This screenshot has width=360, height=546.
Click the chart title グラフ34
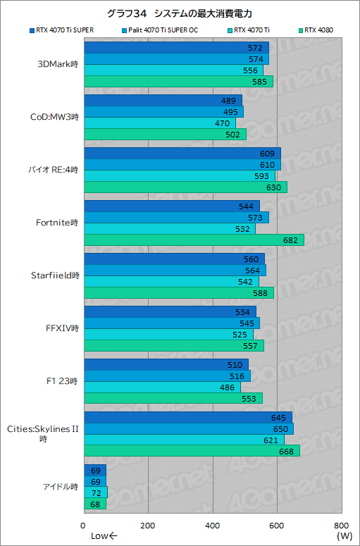coord(180,13)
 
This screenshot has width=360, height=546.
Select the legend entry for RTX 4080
coord(321,30)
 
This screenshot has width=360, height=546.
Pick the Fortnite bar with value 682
coord(194,240)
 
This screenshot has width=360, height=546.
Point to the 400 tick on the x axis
coord(213,526)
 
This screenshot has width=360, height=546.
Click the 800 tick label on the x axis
coord(341,526)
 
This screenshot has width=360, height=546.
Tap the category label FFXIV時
coord(62,328)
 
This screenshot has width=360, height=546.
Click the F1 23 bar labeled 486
coord(162,387)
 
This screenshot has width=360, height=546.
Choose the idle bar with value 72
coord(95,492)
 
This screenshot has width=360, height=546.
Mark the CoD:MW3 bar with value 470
coord(159,123)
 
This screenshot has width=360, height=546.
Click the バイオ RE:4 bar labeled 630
coord(185,187)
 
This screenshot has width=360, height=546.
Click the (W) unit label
coord(344,537)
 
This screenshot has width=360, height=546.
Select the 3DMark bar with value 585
coord(178,82)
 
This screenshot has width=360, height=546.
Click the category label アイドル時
coord(59,486)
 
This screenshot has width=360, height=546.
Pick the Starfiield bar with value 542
coord(171,282)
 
